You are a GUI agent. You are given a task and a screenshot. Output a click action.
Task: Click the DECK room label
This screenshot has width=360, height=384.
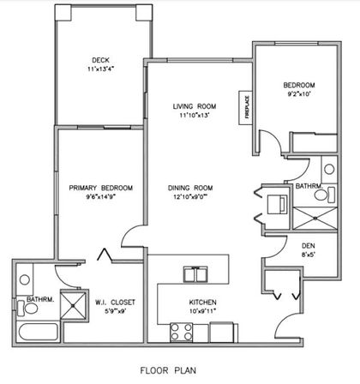[100, 60]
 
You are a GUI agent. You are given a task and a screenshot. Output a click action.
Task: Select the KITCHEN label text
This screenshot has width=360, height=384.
[202, 303]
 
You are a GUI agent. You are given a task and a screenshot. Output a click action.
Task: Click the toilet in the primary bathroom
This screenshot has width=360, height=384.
[24, 305]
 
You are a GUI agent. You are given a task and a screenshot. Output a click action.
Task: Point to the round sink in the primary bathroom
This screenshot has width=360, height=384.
[24, 279]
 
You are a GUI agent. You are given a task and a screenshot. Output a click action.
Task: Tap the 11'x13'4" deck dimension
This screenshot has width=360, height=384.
[100, 70]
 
